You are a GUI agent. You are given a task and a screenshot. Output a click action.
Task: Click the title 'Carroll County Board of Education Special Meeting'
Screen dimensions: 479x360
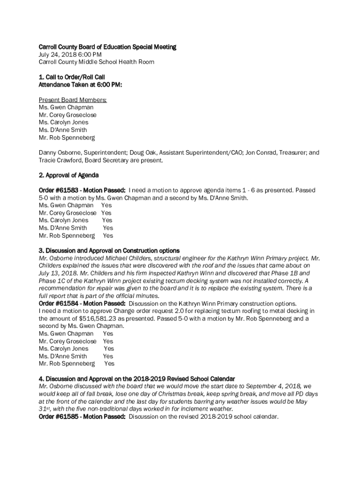coord(107,47)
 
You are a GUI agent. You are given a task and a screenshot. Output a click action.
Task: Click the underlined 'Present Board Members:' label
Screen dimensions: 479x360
coord(72,100)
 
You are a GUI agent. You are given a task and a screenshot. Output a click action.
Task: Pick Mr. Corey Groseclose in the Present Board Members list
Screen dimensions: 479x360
coord(68,115)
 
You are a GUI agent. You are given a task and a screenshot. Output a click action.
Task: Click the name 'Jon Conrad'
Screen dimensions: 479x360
coord(257,152)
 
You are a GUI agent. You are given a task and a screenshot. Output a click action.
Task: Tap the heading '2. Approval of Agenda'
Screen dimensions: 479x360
coord(69,175)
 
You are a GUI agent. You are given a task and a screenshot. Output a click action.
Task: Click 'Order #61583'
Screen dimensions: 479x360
coord(58,190)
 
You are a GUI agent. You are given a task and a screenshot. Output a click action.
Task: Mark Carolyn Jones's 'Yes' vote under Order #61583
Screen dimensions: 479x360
coord(107,220)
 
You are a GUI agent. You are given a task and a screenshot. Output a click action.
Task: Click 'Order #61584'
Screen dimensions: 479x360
coord(58,303)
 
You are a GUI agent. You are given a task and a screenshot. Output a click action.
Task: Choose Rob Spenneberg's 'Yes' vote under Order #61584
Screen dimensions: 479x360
coord(109,363)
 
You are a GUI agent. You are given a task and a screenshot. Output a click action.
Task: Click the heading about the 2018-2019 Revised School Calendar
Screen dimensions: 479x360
coord(137,378)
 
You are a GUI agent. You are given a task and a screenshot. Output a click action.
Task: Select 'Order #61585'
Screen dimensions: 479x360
coord(58,416)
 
